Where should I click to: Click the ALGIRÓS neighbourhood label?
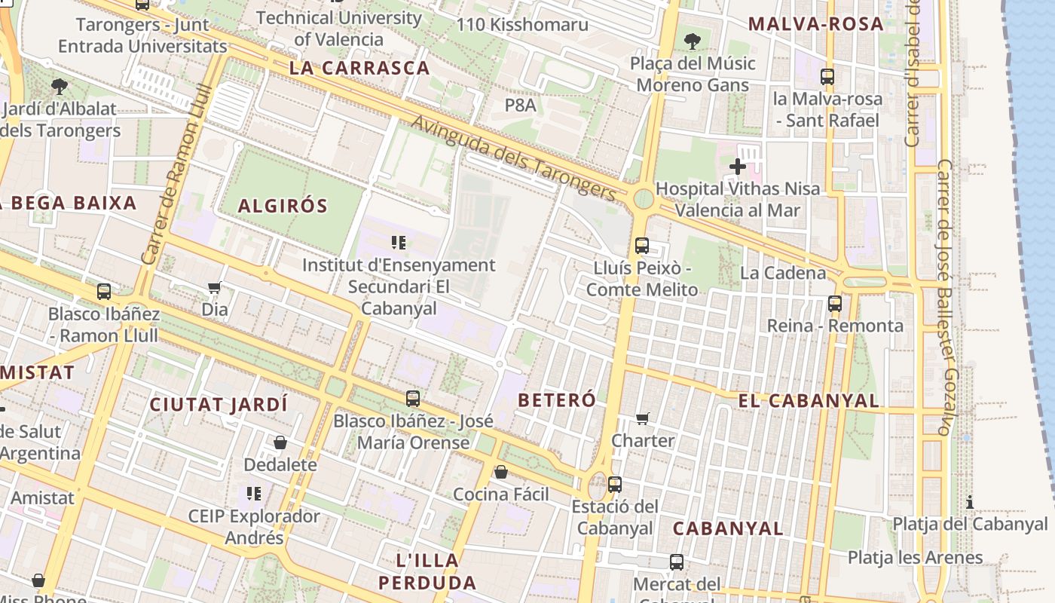click(x=283, y=206)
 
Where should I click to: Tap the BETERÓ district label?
click(x=558, y=400)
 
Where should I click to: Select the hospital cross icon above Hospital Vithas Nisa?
click(x=738, y=167)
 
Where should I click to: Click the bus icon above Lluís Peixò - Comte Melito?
click(x=642, y=246)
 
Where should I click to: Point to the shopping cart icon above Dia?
click(x=215, y=287)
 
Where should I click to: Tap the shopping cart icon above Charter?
click(x=643, y=418)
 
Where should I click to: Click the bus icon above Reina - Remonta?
click(x=835, y=304)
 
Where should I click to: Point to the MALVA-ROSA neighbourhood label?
click(x=815, y=23)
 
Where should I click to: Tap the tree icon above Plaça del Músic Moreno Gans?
click(x=692, y=41)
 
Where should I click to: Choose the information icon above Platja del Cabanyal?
click(x=970, y=502)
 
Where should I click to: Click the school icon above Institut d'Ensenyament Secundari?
click(x=399, y=243)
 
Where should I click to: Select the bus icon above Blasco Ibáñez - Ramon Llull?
click(x=104, y=292)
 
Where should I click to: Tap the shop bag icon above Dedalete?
click(x=280, y=442)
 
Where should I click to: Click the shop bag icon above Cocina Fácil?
click(x=500, y=473)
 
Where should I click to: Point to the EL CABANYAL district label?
click(x=809, y=401)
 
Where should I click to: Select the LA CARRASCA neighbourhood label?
click(x=359, y=68)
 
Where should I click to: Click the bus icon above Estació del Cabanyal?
click(x=615, y=485)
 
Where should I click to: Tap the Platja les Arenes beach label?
click(x=915, y=558)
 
